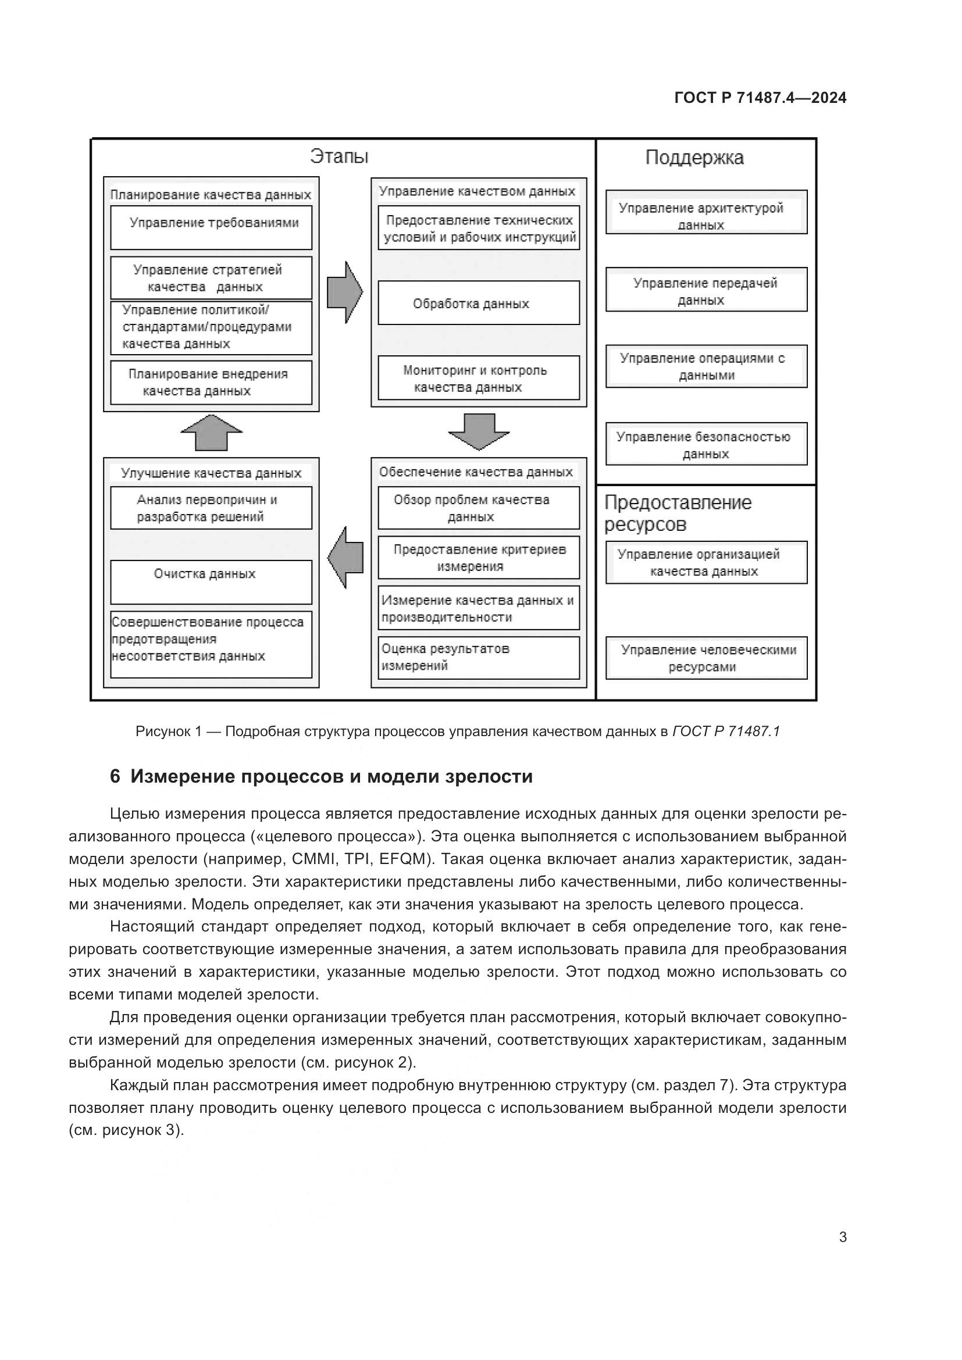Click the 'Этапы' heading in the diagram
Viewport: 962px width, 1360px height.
click(x=339, y=156)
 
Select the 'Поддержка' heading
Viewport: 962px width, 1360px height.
click(x=694, y=158)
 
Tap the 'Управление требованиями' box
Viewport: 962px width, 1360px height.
click(x=211, y=227)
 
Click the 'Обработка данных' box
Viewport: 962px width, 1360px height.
click(x=479, y=303)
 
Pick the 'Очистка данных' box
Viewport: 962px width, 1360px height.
click(x=211, y=581)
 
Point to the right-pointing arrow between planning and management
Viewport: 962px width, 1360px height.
click(x=345, y=292)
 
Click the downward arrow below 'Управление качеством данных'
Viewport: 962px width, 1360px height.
click(x=479, y=432)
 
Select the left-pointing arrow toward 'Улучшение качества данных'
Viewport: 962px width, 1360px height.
click(x=345, y=557)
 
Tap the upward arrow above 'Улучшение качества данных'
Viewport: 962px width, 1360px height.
click(x=212, y=433)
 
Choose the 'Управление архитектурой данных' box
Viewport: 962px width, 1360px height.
click(x=706, y=212)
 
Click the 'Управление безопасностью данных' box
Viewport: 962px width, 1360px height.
click(x=706, y=444)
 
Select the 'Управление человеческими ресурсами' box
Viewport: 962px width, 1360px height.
click(x=706, y=658)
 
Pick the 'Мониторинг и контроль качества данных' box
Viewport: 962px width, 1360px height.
click(x=479, y=378)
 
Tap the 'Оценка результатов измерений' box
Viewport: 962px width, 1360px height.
click(x=479, y=658)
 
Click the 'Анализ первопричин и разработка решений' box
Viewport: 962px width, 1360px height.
click(x=211, y=508)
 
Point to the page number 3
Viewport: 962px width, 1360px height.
click(x=842, y=1237)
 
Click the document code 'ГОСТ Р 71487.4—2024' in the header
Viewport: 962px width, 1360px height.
click(x=760, y=98)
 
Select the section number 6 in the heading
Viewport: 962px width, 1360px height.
click(x=115, y=777)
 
